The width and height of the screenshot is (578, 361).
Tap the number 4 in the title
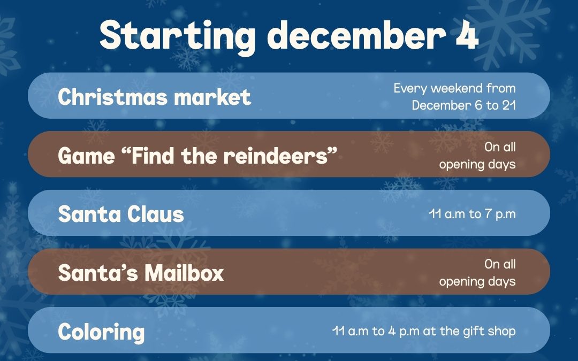[467, 35]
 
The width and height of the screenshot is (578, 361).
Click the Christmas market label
[155, 97]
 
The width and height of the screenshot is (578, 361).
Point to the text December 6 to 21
[463, 105]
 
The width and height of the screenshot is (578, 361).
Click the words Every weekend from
[454, 88]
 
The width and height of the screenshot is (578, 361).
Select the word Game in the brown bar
[87, 156]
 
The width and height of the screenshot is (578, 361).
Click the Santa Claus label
[121, 213]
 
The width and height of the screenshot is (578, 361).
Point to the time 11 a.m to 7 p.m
[472, 213]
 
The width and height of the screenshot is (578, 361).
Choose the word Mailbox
[184, 273]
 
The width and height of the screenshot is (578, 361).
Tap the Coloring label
[101, 332]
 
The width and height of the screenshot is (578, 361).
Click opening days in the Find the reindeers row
[477, 164]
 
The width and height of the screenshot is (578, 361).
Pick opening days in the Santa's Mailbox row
[477, 281]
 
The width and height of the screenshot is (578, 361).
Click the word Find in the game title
[153, 156]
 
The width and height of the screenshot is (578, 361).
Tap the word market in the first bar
[212, 97]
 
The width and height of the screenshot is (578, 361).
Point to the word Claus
[156, 213]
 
